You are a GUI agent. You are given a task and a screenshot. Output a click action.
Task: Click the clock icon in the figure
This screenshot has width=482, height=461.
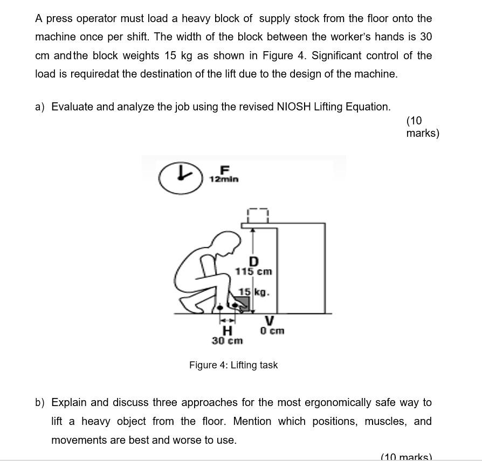[x=181, y=177]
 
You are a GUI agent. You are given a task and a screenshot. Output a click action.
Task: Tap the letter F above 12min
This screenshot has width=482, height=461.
[x=225, y=170]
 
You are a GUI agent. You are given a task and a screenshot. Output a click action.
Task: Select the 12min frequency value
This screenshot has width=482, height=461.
[x=224, y=179]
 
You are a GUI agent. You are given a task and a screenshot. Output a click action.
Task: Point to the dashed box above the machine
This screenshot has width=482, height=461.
[x=258, y=215]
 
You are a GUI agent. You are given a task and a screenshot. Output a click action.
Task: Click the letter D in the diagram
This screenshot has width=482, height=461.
[x=253, y=262]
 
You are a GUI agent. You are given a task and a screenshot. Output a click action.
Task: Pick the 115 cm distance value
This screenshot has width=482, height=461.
[x=253, y=272]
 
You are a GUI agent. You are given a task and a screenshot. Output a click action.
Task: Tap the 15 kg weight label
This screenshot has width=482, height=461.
[x=253, y=292]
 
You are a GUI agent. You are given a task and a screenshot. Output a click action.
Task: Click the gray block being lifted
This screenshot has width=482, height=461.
[x=242, y=302]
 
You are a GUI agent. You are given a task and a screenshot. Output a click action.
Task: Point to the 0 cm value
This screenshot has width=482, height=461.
[x=272, y=331]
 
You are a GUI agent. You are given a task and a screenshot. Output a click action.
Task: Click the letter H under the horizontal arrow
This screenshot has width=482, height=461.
[x=228, y=330]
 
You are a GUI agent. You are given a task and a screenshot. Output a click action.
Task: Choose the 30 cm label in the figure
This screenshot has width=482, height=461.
[x=227, y=341]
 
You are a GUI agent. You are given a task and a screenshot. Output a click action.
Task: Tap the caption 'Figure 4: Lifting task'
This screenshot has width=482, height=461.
[x=233, y=365]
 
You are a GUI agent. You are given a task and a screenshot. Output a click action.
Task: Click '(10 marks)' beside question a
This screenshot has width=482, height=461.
[x=422, y=127]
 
